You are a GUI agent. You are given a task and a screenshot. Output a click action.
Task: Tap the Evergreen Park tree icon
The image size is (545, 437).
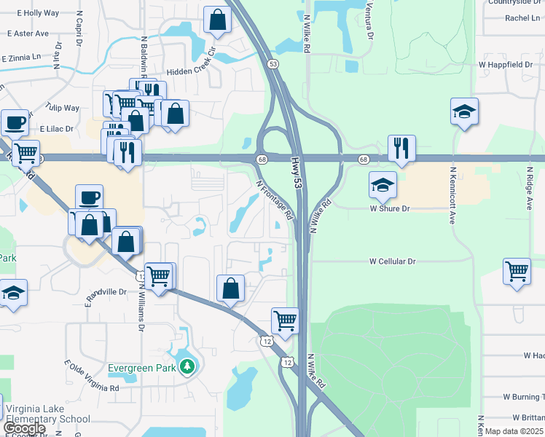point(188,366)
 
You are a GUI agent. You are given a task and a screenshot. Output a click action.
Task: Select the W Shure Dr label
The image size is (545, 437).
point(390,208)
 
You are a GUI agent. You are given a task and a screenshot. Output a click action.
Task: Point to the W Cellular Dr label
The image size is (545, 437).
point(392,261)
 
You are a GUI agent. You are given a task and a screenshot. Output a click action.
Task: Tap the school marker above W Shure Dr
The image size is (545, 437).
point(382,185)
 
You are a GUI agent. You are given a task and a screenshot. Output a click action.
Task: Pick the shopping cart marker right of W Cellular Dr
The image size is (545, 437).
point(517,271)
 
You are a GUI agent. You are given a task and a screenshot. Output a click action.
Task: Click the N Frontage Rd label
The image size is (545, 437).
point(275,200)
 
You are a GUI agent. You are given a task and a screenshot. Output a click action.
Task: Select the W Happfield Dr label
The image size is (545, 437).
point(506,65)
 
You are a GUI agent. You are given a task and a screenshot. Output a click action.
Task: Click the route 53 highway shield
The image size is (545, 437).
point(273,64)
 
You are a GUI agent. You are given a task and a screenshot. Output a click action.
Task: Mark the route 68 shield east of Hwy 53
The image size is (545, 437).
point(363,159)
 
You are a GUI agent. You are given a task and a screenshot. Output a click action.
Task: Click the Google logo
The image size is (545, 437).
point(24,428)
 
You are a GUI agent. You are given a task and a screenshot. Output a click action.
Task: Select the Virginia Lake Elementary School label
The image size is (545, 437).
point(47,413)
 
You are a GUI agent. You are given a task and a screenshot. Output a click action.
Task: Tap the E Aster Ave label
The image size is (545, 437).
point(28,34)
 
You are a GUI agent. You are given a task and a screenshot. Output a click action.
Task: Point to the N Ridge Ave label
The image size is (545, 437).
point(530,190)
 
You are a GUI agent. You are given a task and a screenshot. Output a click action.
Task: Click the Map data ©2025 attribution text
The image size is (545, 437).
point(514,431)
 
